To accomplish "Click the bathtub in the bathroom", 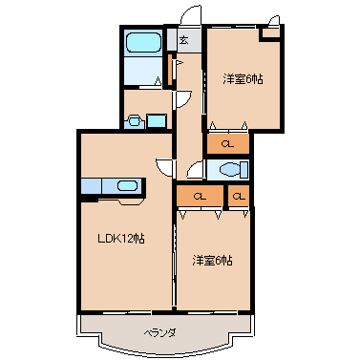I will pos(146,43).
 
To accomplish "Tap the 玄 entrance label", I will pos(183,40).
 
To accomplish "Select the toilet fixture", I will pos(230,170).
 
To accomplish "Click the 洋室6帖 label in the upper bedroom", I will pos(244,79).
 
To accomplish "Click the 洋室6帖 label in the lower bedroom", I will pos(212,260).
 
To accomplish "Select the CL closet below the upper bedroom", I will pos(227,144).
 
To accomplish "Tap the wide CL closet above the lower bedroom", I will pos(199,196).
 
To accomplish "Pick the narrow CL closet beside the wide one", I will pos(239,196).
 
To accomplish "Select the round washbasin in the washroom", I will pos(136,120).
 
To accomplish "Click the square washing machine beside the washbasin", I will pos(157,120).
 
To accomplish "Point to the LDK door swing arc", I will pos(165,166).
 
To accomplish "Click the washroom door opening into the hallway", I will pos(183,100).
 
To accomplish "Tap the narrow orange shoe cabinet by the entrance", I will pos(169,70).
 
